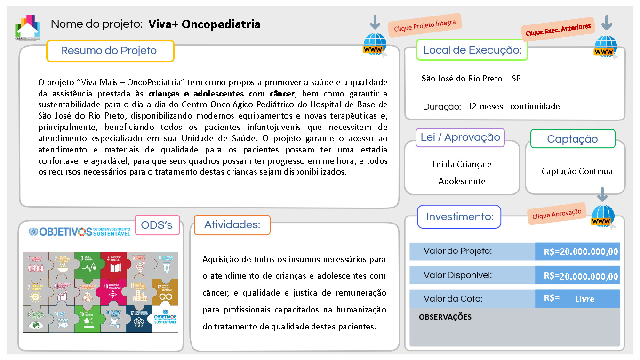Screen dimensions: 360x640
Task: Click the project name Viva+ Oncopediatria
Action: [x=204, y=24]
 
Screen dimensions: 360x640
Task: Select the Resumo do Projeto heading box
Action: [x=110, y=51]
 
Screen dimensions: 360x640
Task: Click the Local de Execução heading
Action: [x=472, y=50]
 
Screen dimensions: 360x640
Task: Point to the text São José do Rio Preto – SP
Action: [x=471, y=79]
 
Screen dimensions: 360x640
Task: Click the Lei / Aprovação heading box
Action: [x=460, y=137]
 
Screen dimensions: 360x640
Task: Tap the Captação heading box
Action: [x=572, y=139]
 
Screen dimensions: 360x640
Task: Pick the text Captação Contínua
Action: [x=577, y=171]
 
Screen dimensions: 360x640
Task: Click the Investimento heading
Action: [x=459, y=217]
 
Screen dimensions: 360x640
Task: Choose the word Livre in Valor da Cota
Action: [x=584, y=299]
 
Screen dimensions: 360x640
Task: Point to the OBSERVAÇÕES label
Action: [x=445, y=317]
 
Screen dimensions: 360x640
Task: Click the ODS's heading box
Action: [x=157, y=225]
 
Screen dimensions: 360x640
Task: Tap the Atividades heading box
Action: [x=232, y=225]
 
